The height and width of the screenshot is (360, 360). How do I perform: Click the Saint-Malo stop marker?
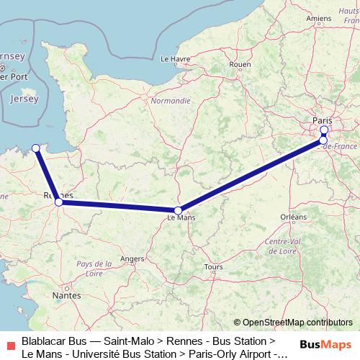pos(36,148)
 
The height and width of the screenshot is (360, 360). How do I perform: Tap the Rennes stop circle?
pos(59,202)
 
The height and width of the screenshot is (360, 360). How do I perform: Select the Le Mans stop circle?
pos(179,211)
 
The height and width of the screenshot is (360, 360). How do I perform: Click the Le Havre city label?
pos(174,59)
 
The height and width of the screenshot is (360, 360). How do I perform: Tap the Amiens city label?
pos(318,18)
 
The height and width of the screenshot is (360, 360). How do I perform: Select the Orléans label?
pos(293,216)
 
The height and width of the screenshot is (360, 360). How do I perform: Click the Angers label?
pos(132,258)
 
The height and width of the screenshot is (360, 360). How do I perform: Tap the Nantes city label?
pos(66,295)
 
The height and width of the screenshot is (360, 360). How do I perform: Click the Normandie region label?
pos(171,101)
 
